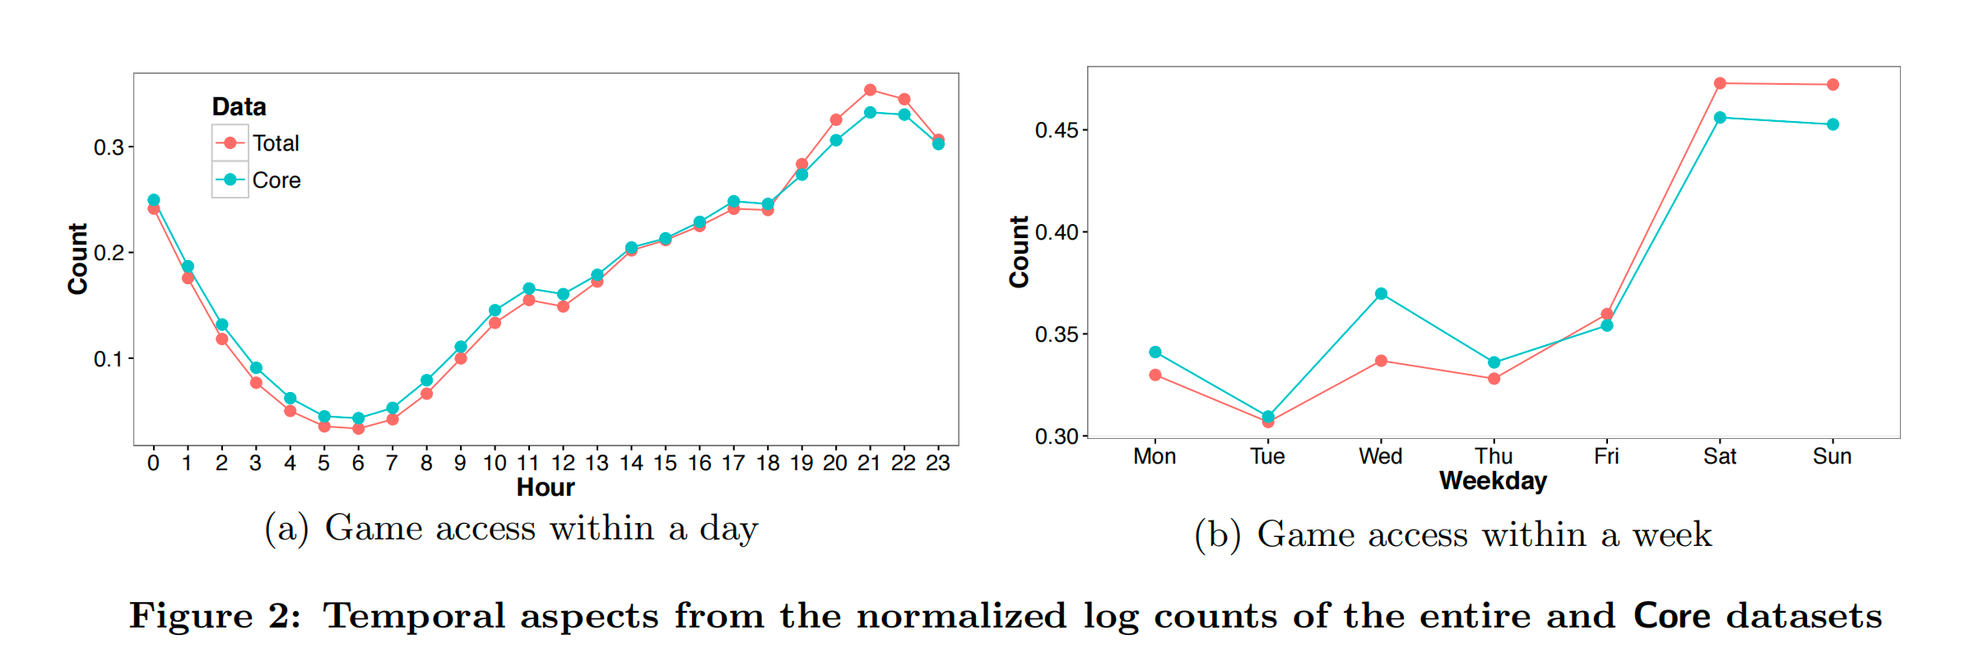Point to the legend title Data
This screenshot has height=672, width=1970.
point(239,107)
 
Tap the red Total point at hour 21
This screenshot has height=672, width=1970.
point(870,90)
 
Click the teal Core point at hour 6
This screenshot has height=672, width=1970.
point(358,418)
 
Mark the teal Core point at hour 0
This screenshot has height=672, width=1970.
point(154,200)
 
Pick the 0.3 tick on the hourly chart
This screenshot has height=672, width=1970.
point(109,147)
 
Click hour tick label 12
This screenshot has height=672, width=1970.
point(563,463)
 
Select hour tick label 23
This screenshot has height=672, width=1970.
point(938,463)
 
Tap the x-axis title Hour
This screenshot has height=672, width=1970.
point(546,488)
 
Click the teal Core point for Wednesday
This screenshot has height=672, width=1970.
point(1381,294)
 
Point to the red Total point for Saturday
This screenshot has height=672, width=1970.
point(1720,83)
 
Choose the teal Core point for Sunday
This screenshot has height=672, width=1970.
point(1833,124)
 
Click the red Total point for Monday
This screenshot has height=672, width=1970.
point(1155,375)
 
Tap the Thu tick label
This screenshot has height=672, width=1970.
point(1494,456)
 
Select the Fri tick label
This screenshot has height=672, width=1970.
point(1606,456)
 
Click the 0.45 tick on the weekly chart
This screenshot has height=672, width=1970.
point(1056,130)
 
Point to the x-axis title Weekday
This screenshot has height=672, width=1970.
point(1493,481)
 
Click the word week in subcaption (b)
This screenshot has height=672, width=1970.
point(1672,535)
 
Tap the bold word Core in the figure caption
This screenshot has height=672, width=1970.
point(1671,616)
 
